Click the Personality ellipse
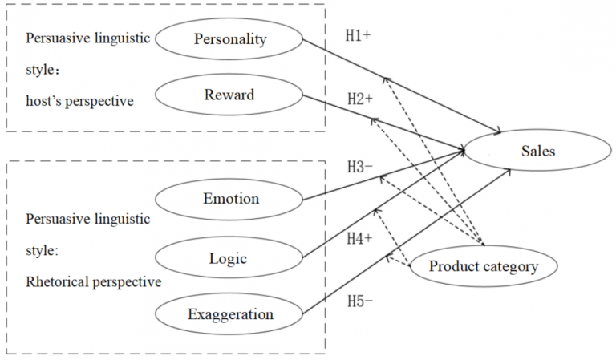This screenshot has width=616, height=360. pos(229,38)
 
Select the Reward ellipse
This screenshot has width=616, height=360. pos(229,95)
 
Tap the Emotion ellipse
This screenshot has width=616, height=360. pos(229,198)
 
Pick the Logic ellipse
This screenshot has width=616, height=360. pos(229,257)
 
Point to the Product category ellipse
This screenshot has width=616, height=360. pos(482,267)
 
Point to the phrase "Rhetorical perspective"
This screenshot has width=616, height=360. pos(93,281)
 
